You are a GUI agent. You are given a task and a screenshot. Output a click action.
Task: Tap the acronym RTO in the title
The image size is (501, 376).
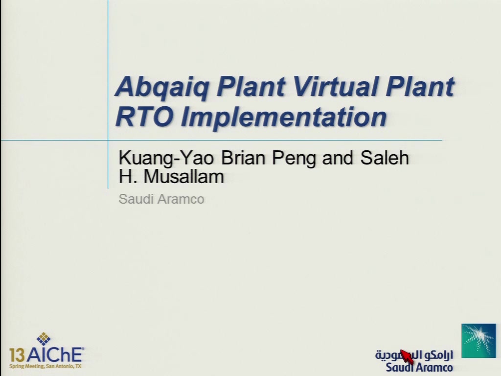click(144, 117)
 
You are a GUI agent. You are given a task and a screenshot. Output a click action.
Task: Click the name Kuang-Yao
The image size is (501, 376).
click(166, 158)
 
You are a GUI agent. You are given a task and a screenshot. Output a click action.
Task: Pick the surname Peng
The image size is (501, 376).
click(294, 158)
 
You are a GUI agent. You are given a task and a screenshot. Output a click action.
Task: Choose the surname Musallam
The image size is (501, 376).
click(184, 176)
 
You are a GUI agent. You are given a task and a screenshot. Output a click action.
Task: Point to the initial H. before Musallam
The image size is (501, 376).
click(128, 176)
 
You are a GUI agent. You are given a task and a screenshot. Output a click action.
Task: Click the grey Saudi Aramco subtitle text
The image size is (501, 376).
click(161, 199)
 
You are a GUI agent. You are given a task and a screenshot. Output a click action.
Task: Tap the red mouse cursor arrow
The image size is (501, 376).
click(407, 356)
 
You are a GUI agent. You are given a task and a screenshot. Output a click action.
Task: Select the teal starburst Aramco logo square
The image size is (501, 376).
click(478, 341)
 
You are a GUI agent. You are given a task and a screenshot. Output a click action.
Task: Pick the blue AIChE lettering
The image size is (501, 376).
click(55, 354)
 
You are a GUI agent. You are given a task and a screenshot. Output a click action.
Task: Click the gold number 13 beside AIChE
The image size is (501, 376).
click(17, 355)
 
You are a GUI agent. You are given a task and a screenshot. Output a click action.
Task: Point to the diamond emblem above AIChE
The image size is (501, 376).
click(44, 339)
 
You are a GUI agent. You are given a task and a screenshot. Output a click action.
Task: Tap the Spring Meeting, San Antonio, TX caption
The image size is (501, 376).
click(46, 366)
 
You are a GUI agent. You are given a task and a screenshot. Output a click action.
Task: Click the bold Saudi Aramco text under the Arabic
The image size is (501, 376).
click(419, 367)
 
